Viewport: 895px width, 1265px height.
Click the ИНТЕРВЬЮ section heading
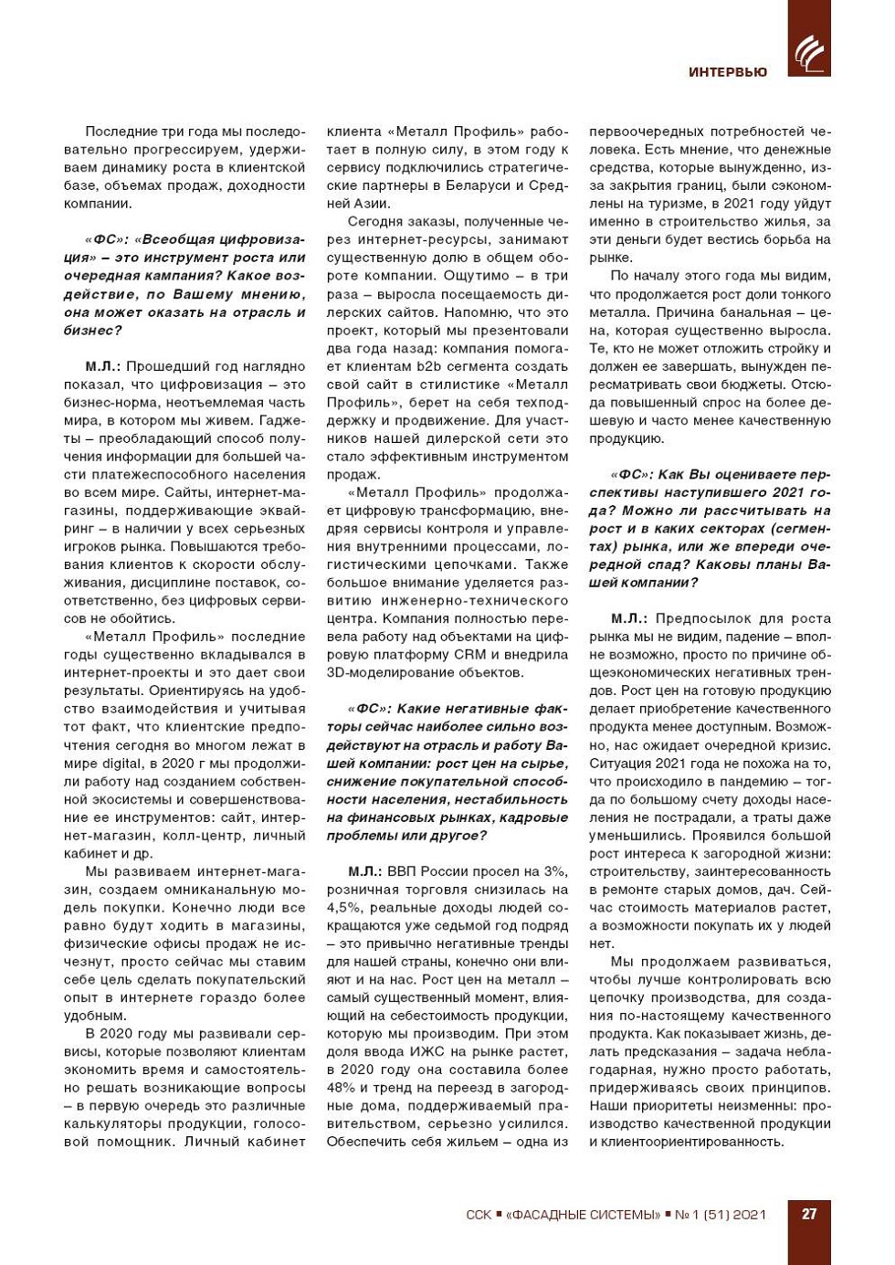coord(728,72)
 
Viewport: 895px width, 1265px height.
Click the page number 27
coord(809,1214)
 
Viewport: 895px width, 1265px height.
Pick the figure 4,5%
coord(343,907)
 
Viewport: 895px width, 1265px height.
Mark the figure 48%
coord(342,1088)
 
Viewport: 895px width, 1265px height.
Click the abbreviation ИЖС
coord(435,1051)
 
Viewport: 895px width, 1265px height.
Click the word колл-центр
coord(204,836)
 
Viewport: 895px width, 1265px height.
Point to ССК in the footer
coord(478,1215)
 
